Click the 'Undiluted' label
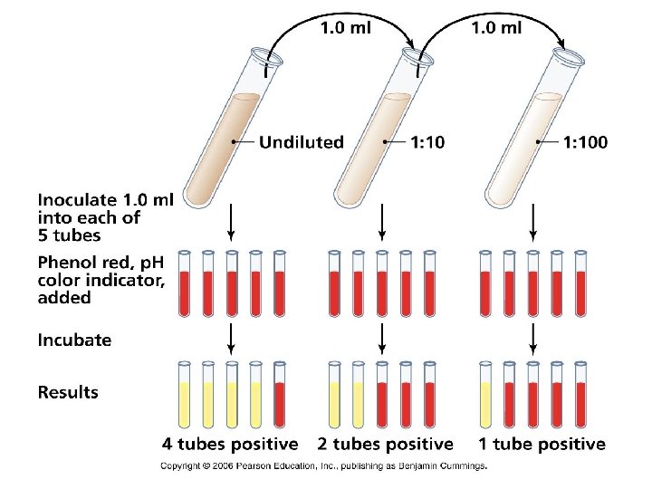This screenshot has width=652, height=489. [302, 142]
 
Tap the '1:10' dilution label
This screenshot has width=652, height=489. [427, 142]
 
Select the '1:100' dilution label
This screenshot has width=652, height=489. [584, 142]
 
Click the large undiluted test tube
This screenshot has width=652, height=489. [222, 136]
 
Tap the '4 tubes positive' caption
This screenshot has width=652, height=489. [230, 444]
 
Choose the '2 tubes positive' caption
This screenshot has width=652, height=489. [386, 444]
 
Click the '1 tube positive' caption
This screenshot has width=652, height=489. [542, 444]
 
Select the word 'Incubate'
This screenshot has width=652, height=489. [74, 340]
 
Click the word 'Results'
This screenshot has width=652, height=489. [68, 393]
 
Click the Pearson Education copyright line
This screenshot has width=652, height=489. [323, 465]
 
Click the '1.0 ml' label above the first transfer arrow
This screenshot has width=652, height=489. [346, 27]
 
